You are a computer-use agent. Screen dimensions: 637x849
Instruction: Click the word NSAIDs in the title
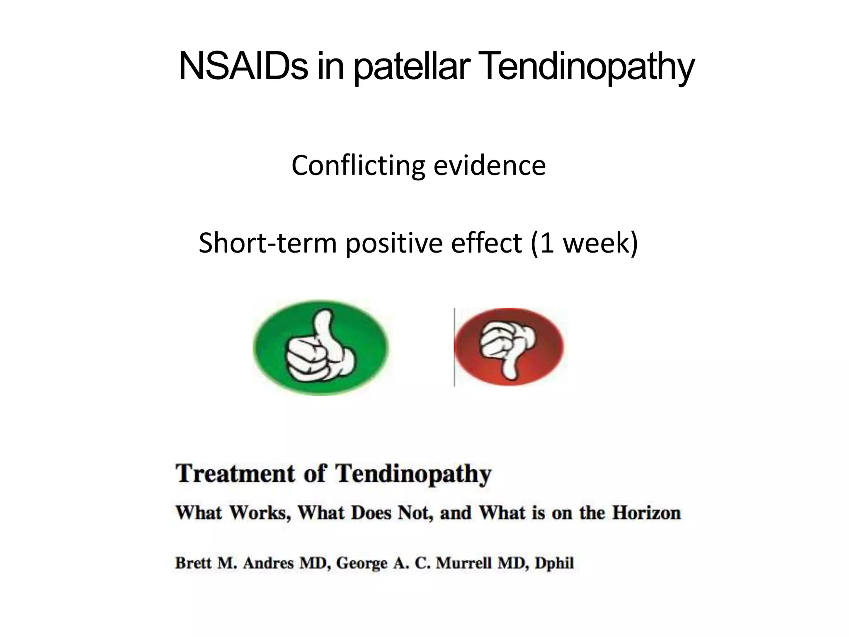(x=243, y=66)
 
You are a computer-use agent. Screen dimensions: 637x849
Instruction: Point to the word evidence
(x=490, y=165)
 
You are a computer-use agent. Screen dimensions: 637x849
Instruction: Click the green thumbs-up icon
(x=320, y=347)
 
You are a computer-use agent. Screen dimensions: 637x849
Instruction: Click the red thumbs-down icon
(x=509, y=347)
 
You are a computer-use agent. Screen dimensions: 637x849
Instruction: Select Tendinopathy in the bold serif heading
(x=413, y=474)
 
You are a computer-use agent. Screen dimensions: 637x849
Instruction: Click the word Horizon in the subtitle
(x=647, y=513)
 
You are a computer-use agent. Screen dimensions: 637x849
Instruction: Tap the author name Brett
(x=193, y=563)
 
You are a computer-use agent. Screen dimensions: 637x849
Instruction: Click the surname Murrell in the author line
(x=464, y=563)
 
